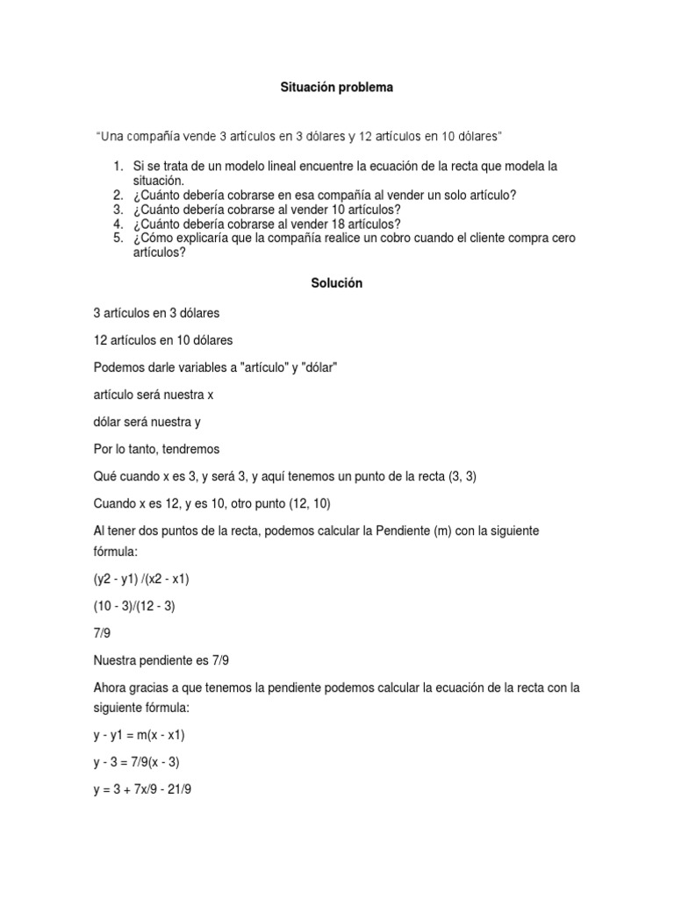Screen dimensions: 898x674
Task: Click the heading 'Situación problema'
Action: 336,88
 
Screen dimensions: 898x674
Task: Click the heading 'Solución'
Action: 336,283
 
